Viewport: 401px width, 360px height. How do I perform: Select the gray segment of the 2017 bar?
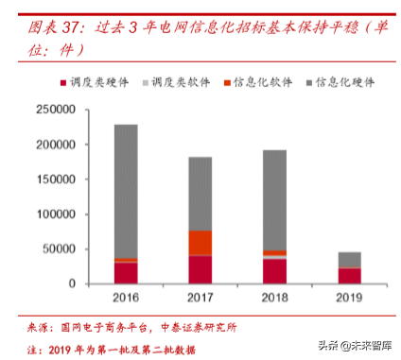(200, 194)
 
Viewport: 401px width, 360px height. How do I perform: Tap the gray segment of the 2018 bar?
(274, 199)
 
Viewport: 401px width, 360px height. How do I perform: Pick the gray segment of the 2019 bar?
(349, 260)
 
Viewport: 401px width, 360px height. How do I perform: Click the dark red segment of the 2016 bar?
(126, 273)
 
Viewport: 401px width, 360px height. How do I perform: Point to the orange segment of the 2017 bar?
(200, 243)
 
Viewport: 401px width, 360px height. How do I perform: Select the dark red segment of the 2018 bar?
(274, 271)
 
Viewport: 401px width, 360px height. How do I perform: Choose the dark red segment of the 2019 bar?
(349, 276)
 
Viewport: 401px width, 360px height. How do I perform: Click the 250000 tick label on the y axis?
(55, 111)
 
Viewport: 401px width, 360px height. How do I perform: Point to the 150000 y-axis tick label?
(55, 180)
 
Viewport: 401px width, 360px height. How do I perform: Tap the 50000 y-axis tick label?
(59, 249)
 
